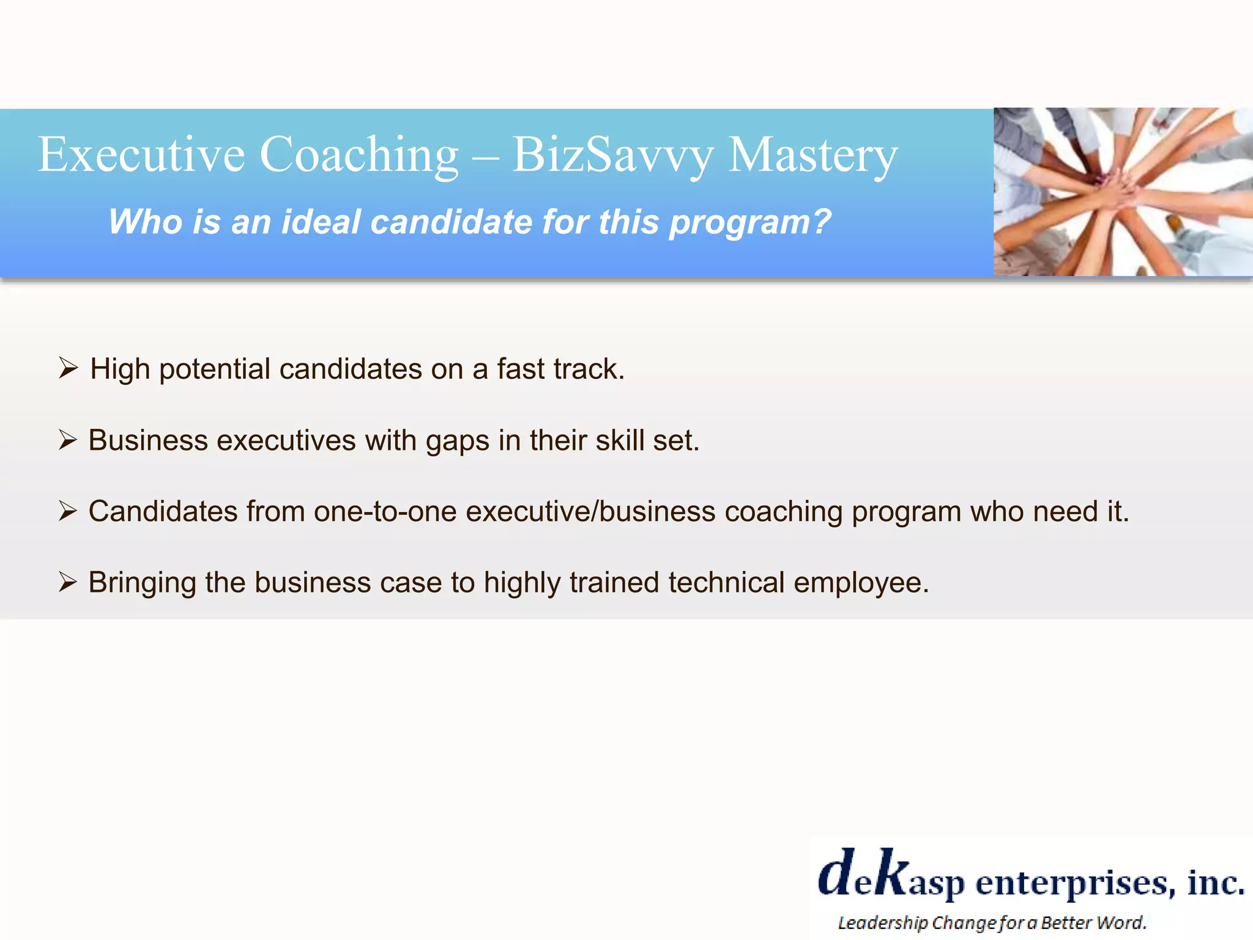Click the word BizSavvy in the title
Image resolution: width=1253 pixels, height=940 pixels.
tap(612, 155)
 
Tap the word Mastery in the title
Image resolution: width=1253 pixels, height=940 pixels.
tap(813, 155)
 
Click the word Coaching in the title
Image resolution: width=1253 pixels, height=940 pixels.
tap(359, 155)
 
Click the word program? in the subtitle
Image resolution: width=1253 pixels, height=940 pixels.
tap(750, 223)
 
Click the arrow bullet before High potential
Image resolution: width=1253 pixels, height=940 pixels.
tap(68, 368)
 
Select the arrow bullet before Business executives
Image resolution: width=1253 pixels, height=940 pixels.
tap(67, 440)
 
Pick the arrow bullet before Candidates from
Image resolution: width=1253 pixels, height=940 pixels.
tap(67, 511)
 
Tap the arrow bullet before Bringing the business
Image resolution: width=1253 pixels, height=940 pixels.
tap(67, 582)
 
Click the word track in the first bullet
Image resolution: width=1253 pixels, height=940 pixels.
tap(589, 369)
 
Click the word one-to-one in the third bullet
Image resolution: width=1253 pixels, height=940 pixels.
tap(385, 512)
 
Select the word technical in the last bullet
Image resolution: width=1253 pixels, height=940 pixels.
tap(726, 583)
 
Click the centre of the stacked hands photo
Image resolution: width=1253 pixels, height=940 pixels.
tap(1123, 192)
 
